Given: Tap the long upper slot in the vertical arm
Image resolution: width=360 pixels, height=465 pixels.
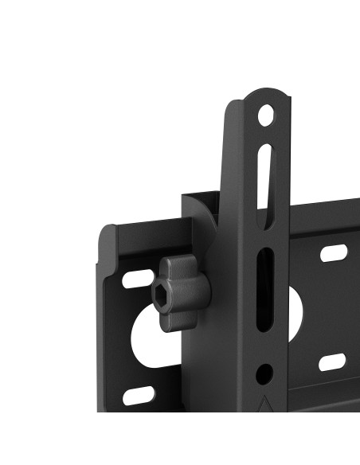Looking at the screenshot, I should pos(264,177).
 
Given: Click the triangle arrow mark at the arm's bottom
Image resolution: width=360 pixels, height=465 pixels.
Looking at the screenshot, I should pos(264,404).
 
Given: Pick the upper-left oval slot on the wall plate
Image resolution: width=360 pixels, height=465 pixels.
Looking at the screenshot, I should pos(137,279).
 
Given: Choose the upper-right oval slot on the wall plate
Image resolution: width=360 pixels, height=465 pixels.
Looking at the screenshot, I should pos(334,254).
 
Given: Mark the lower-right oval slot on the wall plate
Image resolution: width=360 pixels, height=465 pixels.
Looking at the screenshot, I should pos(332,362).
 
